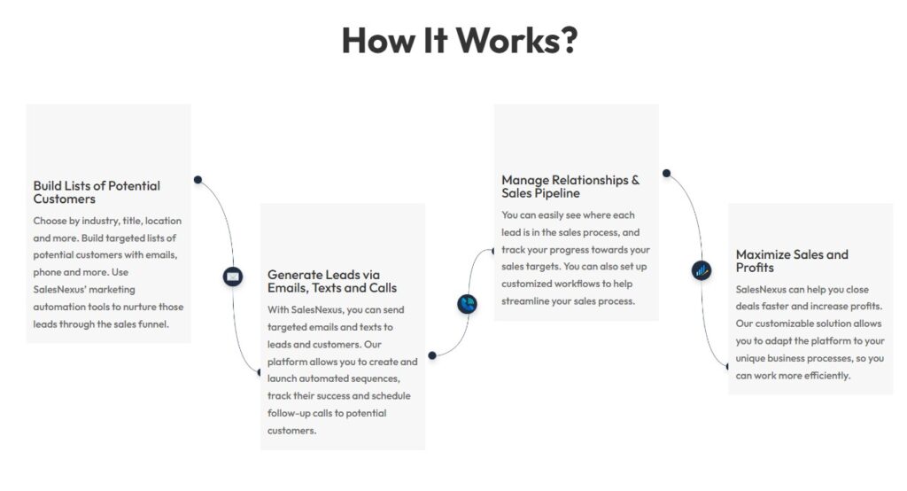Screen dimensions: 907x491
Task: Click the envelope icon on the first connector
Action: tap(233, 277)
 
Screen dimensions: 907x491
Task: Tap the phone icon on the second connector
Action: tap(467, 304)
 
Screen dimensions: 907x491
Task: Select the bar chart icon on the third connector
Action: tap(702, 270)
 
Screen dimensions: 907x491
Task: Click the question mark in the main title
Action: tap(568, 41)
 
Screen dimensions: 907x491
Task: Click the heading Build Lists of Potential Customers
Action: tap(97, 192)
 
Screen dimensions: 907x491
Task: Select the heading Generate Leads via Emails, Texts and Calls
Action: tap(332, 282)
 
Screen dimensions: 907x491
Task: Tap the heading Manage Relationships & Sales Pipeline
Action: tap(570, 186)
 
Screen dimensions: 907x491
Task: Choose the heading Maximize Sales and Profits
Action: tap(792, 261)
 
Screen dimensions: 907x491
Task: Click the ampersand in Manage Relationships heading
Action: tap(635, 180)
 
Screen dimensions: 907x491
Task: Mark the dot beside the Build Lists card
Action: tap(198, 180)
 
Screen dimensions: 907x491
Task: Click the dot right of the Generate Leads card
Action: tap(432, 355)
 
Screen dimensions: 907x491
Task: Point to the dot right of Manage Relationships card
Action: tap(666, 173)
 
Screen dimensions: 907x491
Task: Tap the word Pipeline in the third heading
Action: tap(557, 193)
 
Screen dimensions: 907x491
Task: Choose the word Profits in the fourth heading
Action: tap(755, 268)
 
